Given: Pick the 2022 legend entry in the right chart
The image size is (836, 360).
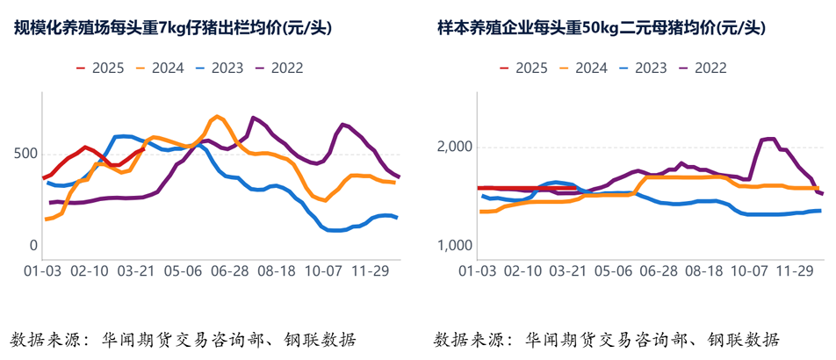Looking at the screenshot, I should pos(710,67).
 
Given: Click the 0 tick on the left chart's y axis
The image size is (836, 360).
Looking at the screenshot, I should pos(32,245).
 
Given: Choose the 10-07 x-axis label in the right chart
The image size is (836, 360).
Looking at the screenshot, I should pos(748,272).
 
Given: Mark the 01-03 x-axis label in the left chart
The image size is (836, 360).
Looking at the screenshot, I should pos(41,272).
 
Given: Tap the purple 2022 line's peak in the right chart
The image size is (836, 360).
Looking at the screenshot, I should pos(768,139).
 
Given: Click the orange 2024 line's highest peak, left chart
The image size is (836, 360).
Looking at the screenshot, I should pos(216,117).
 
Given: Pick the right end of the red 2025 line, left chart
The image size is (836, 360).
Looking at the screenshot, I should pos(141,149).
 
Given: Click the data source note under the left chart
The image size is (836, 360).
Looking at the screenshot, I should pos(184,340).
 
